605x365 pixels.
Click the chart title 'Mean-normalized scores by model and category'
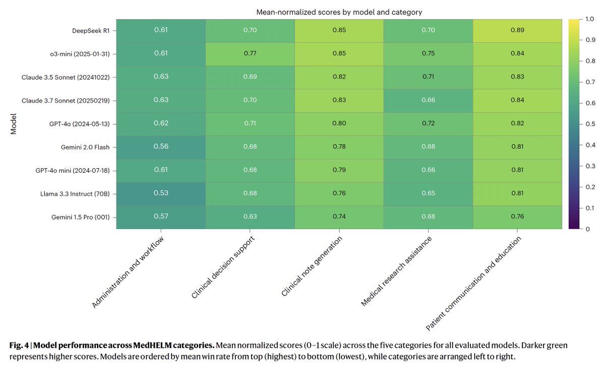(x=339, y=12)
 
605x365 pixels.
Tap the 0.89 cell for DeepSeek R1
(x=517, y=31)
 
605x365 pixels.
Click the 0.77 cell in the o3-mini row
(x=250, y=54)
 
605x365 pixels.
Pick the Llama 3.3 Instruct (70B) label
(x=76, y=194)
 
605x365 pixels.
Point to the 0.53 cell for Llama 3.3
(x=161, y=193)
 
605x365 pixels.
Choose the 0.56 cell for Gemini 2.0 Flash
(x=161, y=147)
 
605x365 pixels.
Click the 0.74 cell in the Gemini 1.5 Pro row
(x=339, y=217)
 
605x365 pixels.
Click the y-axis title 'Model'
(x=14, y=124)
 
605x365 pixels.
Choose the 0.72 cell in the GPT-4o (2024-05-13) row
(x=428, y=123)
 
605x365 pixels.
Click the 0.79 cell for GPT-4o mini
(x=339, y=170)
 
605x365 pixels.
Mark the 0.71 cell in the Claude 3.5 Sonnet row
(x=428, y=77)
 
